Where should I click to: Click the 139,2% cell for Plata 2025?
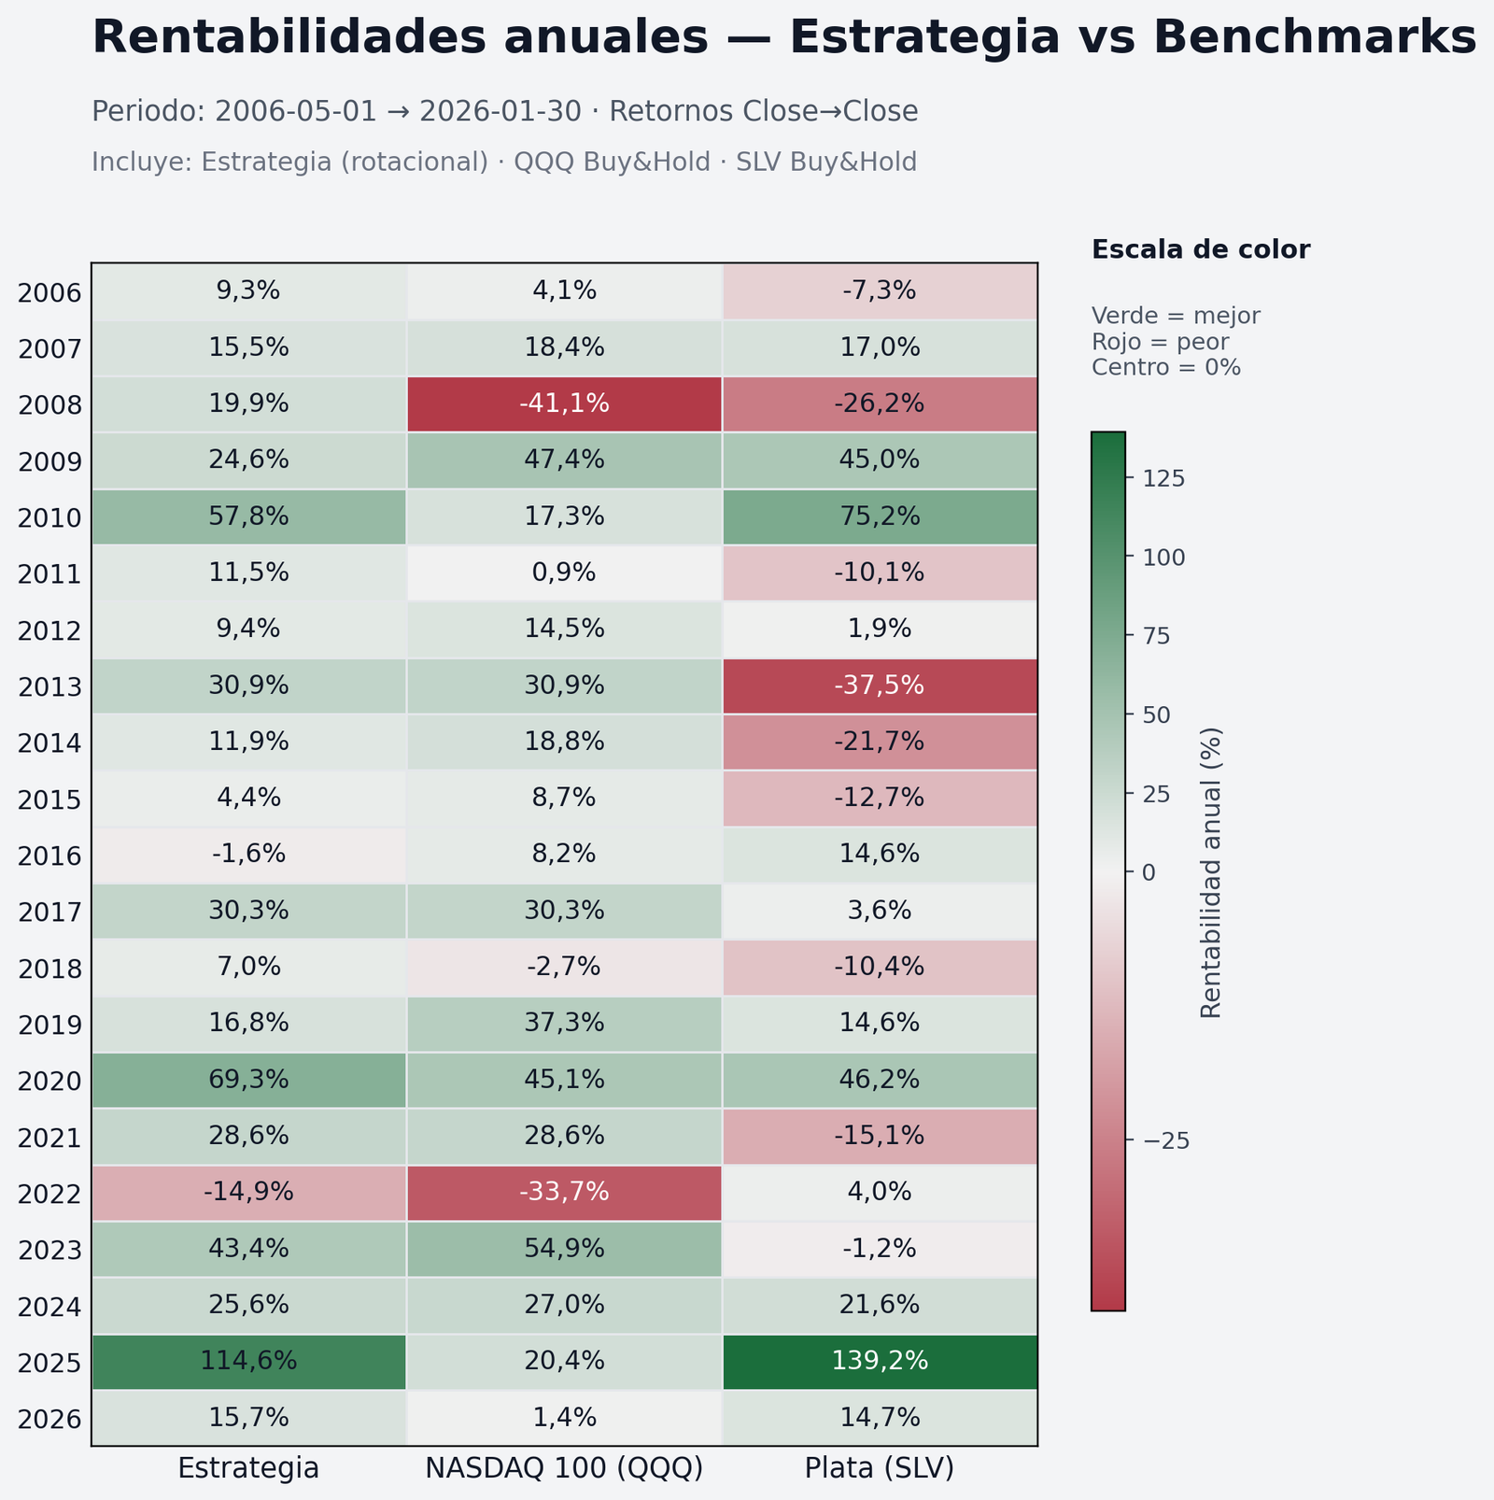tap(880, 1361)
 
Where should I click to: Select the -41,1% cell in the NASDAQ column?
tap(564, 403)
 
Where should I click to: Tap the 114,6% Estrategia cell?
tap(248, 1361)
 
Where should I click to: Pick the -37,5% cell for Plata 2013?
tap(880, 686)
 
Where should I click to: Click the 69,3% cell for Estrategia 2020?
tap(248, 1080)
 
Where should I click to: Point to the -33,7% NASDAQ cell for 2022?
tap(564, 1192)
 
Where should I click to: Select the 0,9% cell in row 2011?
tap(564, 573)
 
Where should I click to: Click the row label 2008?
tap(49, 405)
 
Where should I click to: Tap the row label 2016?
tap(49, 856)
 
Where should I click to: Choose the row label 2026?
tap(49, 1420)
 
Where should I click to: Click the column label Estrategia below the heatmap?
tap(248, 1469)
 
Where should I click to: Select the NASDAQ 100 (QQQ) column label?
tap(564, 1469)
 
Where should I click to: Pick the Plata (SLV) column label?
tap(880, 1469)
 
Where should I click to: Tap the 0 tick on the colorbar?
tap(1149, 872)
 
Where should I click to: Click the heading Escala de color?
tap(1201, 249)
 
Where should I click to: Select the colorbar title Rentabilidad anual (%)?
tap(1211, 872)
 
